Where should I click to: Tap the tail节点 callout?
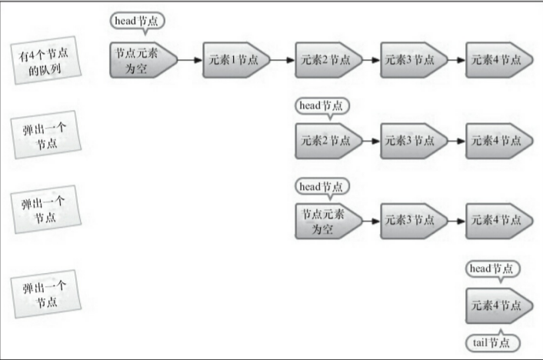[493, 343]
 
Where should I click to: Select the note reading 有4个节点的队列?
[48, 60]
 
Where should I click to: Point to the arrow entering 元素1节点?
[190, 60]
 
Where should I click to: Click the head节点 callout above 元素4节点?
[493, 268]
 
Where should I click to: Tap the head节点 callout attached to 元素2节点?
[322, 104]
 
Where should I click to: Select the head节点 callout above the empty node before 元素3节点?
[322, 185]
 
